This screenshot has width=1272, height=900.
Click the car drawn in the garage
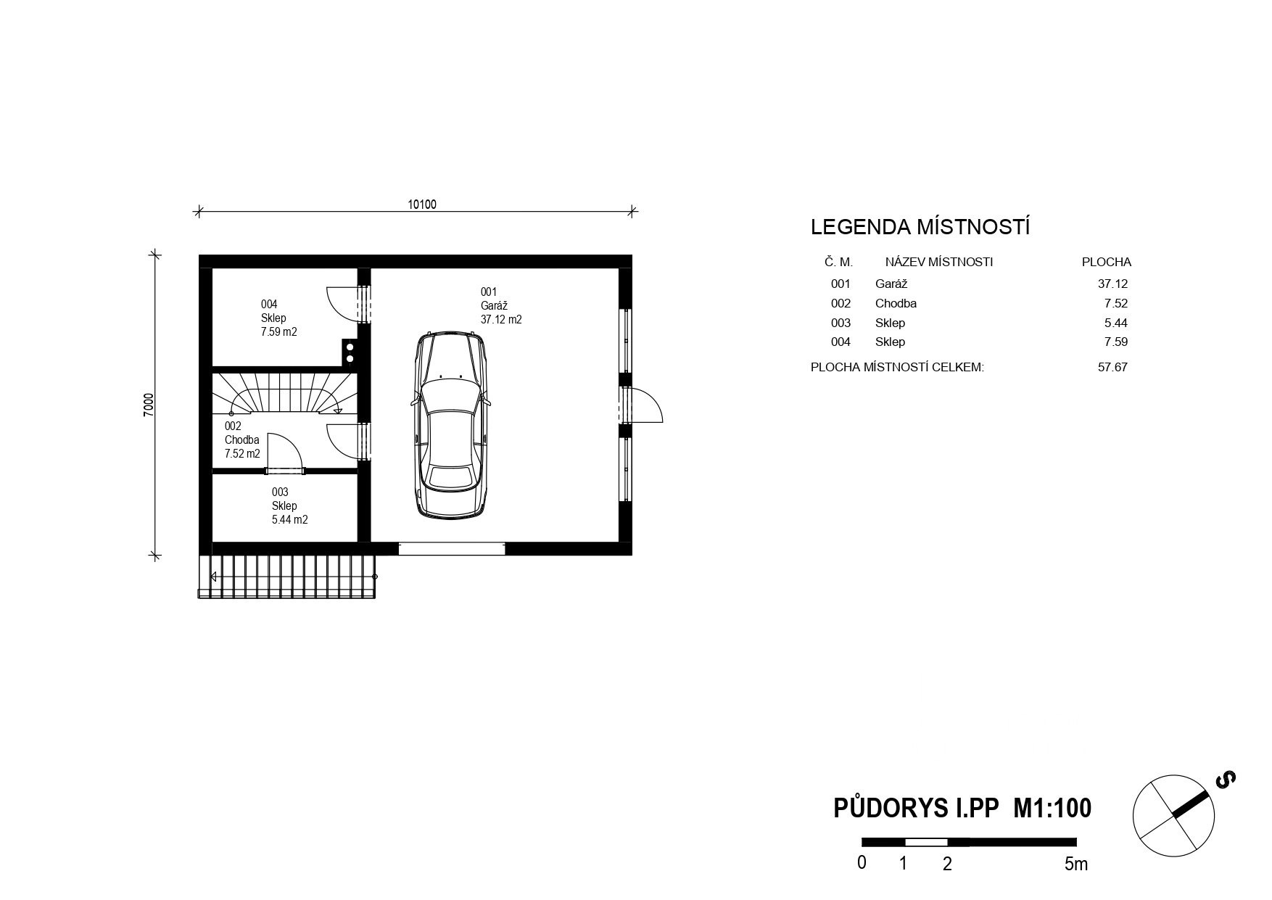[450, 425]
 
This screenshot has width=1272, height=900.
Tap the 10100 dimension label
[422, 205]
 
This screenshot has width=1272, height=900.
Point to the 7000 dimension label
[149, 405]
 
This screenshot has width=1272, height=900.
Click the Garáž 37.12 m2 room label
[501, 305]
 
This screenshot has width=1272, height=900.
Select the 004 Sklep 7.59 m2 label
[279, 318]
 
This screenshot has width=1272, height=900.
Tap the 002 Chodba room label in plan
[242, 440]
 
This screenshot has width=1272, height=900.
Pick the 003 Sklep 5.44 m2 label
[290, 506]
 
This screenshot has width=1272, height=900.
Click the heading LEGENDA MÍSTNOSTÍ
[920, 227]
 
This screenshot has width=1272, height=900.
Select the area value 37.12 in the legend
[1112, 284]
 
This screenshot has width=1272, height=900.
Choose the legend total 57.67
[1112, 367]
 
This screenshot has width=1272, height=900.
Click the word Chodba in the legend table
[896, 303]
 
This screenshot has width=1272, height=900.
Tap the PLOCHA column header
[1107, 262]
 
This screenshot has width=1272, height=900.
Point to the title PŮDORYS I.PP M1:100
[962, 808]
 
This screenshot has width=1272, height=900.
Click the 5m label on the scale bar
[1076, 864]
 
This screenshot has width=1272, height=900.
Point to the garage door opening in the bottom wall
[452, 549]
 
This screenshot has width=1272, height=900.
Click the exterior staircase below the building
[287, 577]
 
